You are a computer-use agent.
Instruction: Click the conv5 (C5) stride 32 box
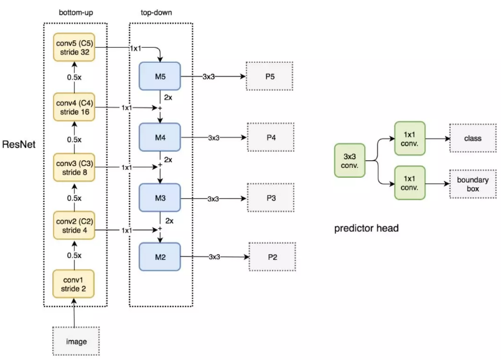point(74,47)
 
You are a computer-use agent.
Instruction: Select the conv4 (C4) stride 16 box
point(74,107)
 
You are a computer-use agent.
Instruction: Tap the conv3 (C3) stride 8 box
point(74,167)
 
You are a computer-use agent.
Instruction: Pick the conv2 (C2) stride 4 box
point(74,226)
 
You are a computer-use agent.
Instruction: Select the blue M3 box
point(159,198)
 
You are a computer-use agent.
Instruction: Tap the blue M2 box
point(159,257)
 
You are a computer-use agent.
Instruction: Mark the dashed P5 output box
point(269,77)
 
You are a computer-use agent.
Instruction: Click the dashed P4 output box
point(269,137)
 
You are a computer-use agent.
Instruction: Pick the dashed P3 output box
point(269,198)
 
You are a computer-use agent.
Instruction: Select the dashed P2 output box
point(269,257)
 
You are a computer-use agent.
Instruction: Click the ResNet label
point(20,145)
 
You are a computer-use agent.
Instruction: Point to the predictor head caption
point(367,228)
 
